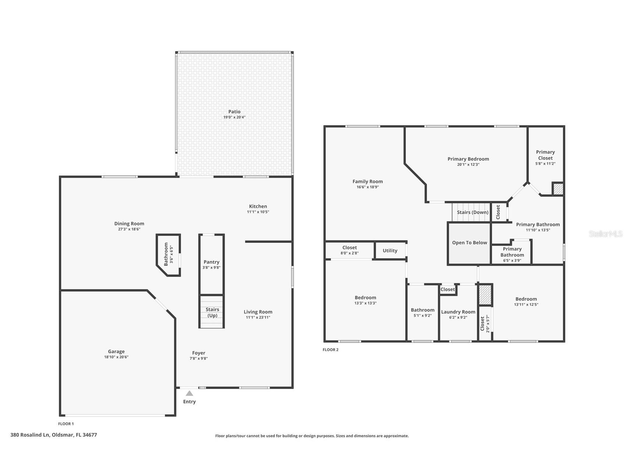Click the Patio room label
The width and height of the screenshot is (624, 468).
[x=234, y=111]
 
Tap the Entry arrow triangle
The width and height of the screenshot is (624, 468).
[x=189, y=393]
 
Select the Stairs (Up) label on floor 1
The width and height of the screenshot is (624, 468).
[x=212, y=312]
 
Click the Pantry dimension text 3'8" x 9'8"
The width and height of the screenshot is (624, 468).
[x=211, y=268]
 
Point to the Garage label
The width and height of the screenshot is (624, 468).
[x=116, y=351]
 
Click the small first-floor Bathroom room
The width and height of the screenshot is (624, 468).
[x=168, y=254]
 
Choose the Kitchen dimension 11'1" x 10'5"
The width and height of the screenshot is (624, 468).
[x=258, y=212]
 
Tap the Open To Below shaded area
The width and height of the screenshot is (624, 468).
[x=470, y=243]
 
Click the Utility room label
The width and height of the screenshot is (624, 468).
[x=390, y=251]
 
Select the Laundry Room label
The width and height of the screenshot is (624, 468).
[x=458, y=312]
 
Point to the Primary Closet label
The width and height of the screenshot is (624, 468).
[x=545, y=155]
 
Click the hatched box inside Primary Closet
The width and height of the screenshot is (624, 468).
[x=558, y=189]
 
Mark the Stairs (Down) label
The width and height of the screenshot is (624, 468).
[x=473, y=212]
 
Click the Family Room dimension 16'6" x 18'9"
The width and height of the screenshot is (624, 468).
[x=368, y=187]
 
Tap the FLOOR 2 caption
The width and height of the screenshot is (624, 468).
[x=331, y=350]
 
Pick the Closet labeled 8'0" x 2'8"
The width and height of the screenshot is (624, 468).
[x=349, y=250]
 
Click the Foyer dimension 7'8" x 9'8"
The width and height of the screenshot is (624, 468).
[x=199, y=358]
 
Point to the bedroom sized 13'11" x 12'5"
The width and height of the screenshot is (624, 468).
[x=526, y=302]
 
